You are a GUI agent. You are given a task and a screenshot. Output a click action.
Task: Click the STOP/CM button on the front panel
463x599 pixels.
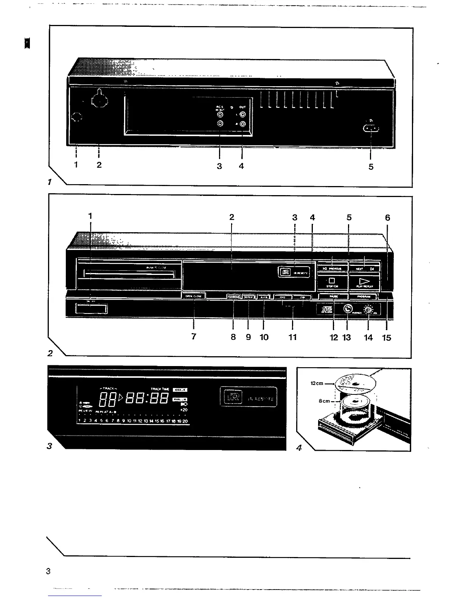tap(332, 282)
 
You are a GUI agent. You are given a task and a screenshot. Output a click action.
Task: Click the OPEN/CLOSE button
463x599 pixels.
tap(194, 296)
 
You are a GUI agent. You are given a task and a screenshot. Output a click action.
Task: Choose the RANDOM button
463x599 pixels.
tap(233, 297)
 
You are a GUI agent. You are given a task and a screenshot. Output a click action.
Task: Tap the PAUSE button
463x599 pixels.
tap(334, 296)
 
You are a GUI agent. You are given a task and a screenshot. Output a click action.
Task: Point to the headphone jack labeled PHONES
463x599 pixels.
tap(347, 309)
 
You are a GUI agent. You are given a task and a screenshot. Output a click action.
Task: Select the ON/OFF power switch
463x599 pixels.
tap(91, 308)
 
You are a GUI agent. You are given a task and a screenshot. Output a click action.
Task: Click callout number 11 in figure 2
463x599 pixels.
tap(292, 337)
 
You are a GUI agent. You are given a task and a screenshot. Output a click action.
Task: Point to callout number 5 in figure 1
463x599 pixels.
tap(371, 166)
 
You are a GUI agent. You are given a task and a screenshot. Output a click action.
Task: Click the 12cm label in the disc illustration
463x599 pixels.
tap(317, 383)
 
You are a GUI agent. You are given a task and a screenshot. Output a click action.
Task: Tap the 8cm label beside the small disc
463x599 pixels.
tap(324, 401)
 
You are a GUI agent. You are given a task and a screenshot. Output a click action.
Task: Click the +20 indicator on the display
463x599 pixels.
tap(184, 410)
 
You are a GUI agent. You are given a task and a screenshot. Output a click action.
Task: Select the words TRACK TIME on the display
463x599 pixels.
tap(160, 389)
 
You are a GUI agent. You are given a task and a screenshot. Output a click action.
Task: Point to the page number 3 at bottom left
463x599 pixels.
tap(48, 571)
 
